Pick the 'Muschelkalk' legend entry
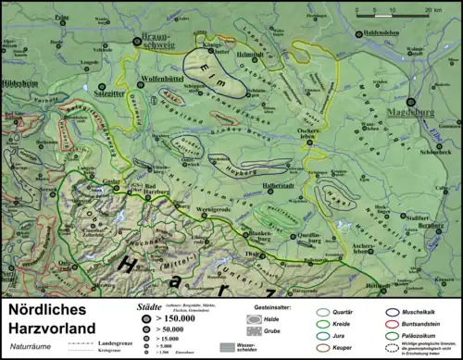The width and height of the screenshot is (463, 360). pyautogui.click(x=428, y=312)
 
